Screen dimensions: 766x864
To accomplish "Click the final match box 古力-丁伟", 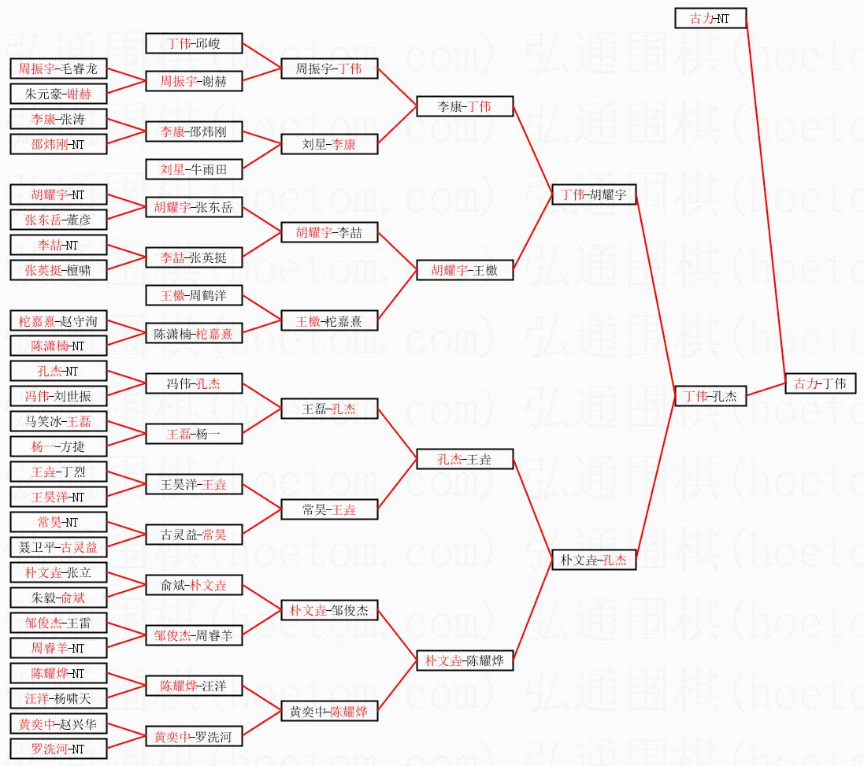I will click(x=819, y=383).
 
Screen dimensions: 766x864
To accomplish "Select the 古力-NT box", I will click(x=710, y=18).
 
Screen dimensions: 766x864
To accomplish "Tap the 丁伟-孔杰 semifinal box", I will click(x=710, y=396).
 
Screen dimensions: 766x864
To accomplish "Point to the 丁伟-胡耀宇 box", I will click(x=594, y=194).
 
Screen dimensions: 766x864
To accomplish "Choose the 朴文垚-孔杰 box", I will click(x=594, y=560).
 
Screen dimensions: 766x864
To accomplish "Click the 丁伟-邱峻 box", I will click(x=194, y=43).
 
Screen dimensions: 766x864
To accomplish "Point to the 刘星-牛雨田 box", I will click(x=194, y=169).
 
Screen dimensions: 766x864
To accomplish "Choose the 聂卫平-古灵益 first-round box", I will click(x=58, y=547).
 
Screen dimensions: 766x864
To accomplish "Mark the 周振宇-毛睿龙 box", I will click(x=58, y=68).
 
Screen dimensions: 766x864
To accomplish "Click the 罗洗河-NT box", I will click(x=58, y=749).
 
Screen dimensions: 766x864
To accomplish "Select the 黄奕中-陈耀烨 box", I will click(x=329, y=711).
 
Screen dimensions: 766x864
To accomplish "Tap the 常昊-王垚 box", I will click(x=329, y=509).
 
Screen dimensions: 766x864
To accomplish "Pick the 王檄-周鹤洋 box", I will click(x=194, y=295).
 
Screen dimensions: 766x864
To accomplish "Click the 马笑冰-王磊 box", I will click(x=58, y=421).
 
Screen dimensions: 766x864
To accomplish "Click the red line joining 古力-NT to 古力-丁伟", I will click(x=765, y=201).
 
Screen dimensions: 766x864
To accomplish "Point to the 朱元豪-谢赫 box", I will click(x=58, y=94).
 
